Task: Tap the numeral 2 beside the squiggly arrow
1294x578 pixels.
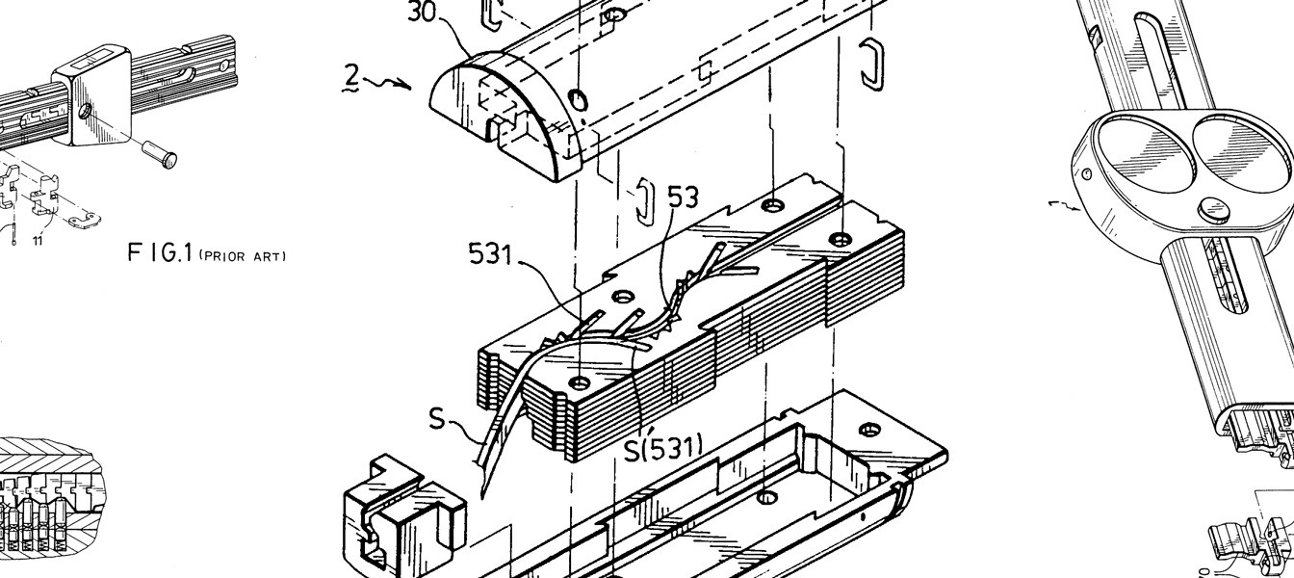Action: pyautogui.click(x=352, y=77)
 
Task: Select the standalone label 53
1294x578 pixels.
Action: pyautogui.click(x=683, y=197)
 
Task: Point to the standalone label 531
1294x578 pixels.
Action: pyautogui.click(x=490, y=253)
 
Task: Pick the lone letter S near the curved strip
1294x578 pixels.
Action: pyautogui.click(x=438, y=419)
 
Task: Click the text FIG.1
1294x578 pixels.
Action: pyautogui.click(x=160, y=252)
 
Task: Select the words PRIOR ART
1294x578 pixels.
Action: pyautogui.click(x=243, y=256)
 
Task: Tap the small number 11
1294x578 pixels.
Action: pyautogui.click(x=38, y=241)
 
